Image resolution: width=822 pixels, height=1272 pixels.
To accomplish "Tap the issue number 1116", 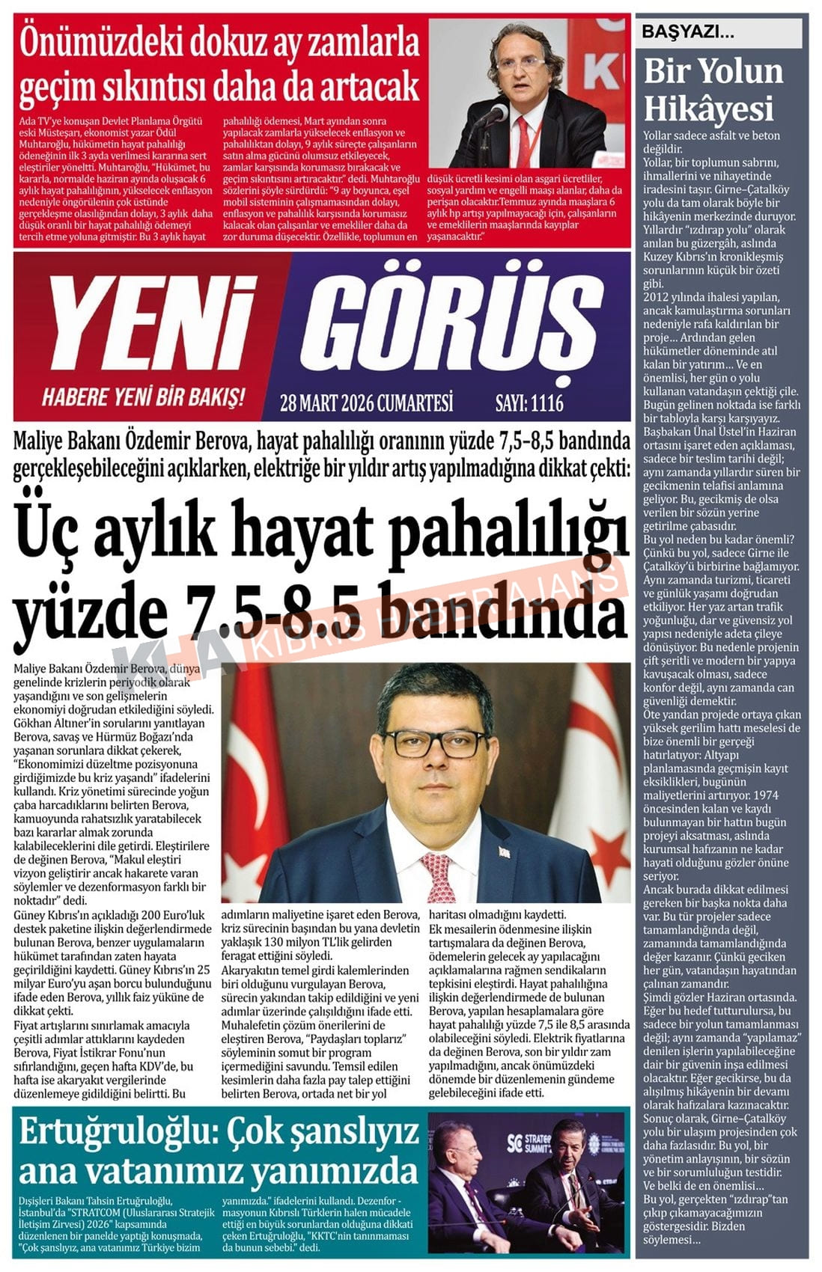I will [x=547, y=403].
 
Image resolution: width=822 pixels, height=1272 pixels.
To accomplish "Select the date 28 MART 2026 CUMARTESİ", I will [x=366, y=403].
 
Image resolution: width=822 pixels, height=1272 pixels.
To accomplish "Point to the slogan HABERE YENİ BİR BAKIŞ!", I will [x=143, y=397].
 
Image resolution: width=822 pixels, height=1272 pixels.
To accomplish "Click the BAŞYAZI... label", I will [x=687, y=32].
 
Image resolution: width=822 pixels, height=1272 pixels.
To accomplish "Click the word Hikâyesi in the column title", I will [x=708, y=108].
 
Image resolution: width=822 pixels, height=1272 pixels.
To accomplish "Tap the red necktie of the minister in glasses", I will [x=439, y=876].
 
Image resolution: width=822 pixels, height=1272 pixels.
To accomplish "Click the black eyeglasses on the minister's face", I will [x=433, y=743].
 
